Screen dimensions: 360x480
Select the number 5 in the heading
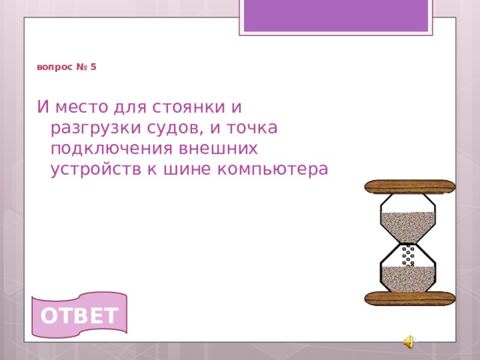[x=93, y=67]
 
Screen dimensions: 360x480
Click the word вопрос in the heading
[x=54, y=67]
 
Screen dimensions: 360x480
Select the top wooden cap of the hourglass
[x=409, y=187]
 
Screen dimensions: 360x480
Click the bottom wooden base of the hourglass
[x=409, y=298]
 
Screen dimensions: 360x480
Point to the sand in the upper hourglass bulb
[x=408, y=222]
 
